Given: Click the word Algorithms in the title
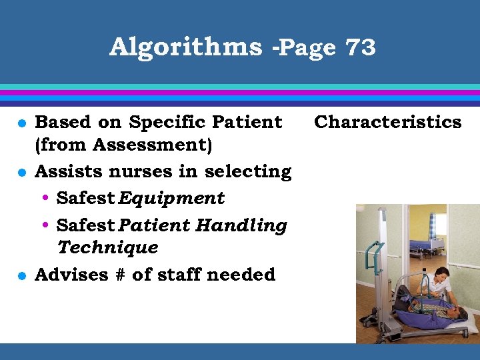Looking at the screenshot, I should click(185, 47).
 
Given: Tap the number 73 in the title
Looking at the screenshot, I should click(360, 47).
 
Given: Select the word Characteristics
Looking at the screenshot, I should click(387, 122).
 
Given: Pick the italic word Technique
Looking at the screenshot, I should click(107, 247).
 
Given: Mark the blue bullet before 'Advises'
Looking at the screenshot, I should click(21, 275).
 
